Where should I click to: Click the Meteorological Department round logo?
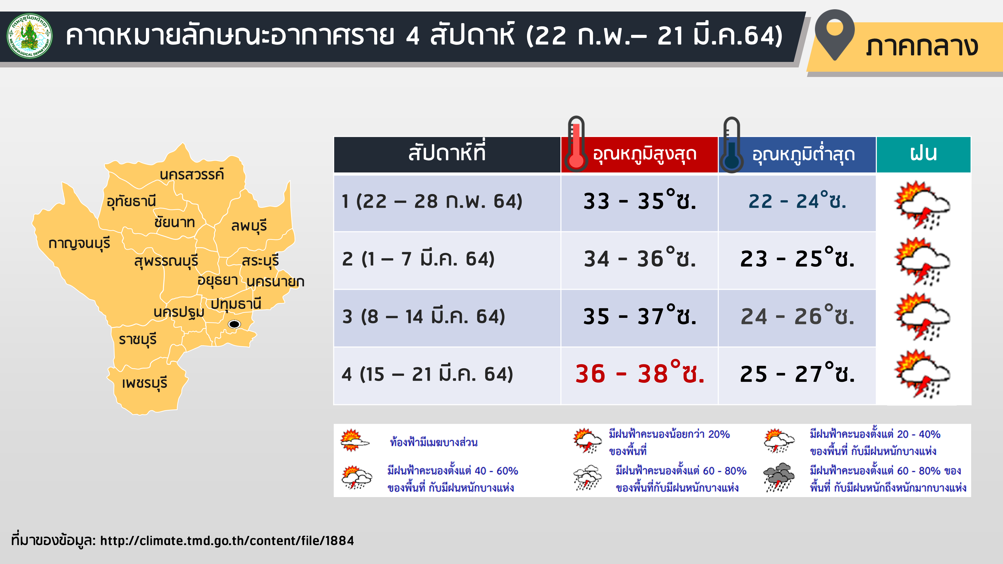point(30,36)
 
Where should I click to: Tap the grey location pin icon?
point(834,35)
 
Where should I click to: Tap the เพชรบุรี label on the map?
point(144,383)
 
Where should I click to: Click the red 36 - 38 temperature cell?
point(640,374)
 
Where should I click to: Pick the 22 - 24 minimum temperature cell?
point(797,201)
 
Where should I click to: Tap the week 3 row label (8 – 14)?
point(424,316)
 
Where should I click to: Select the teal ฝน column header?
point(923,154)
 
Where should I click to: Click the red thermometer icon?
point(576,144)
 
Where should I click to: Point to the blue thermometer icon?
point(731,145)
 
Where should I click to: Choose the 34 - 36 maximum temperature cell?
point(640,258)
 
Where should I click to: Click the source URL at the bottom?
point(227,541)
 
